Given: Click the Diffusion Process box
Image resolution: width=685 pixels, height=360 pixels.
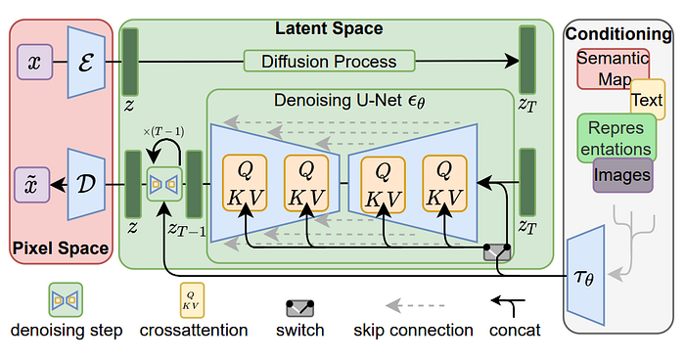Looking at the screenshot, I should tap(329, 62).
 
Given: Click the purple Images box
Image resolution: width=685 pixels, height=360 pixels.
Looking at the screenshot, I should tap(622, 176).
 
